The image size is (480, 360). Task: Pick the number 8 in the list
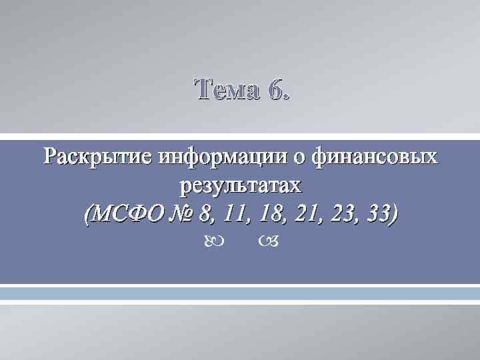(x=202, y=214)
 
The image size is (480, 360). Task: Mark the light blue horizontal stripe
(x=240, y=294)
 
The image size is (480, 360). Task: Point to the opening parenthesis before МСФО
(x=88, y=215)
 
